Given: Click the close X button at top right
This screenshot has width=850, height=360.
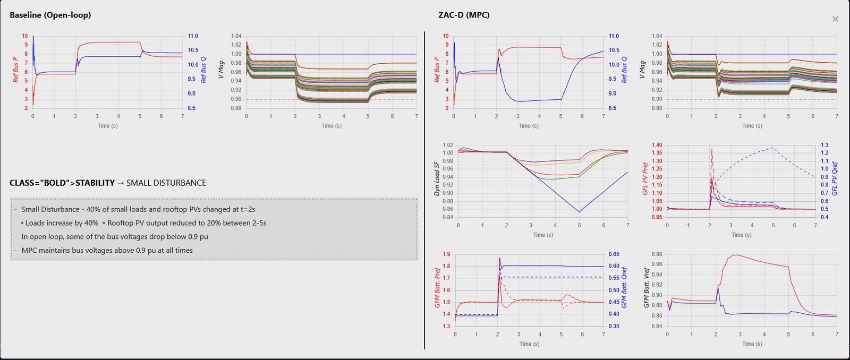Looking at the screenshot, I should click(835, 19).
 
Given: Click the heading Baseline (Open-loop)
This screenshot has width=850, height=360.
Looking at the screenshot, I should click(50, 15).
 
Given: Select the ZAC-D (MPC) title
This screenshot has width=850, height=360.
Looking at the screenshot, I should click(464, 15).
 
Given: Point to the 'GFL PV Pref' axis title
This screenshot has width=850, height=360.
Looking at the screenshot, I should click(645, 178).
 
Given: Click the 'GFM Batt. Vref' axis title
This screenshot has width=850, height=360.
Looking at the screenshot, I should click(647, 287).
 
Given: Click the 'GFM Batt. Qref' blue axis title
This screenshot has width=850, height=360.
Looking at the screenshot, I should click(624, 287).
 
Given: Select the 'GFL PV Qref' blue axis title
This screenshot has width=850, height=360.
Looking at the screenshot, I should click(835, 178).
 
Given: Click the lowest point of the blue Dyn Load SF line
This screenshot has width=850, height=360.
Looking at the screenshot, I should click(579, 212).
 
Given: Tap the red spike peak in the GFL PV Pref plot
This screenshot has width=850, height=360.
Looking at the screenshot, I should click(711, 149).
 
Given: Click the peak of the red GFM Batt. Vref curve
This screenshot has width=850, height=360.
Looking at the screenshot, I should click(735, 255).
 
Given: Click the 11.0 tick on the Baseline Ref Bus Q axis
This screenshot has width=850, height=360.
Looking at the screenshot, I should click(192, 36).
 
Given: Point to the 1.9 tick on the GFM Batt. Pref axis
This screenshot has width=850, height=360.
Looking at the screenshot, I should click(446, 254).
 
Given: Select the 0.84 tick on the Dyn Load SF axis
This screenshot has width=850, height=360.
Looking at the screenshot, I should click(447, 217).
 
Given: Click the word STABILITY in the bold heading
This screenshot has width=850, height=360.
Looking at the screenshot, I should click(95, 183).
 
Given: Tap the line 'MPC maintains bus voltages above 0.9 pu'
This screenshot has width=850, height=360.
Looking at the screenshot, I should click(107, 250).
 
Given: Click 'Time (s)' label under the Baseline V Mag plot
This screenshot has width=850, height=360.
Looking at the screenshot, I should click(331, 126).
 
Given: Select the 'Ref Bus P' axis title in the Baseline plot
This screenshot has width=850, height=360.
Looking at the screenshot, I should click(15, 70).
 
